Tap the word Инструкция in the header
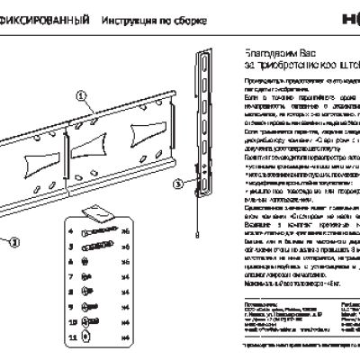(x=121, y=19)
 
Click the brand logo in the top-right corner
(x=346, y=17)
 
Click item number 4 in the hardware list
(x=70, y=231)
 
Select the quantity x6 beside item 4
(x=125, y=231)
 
